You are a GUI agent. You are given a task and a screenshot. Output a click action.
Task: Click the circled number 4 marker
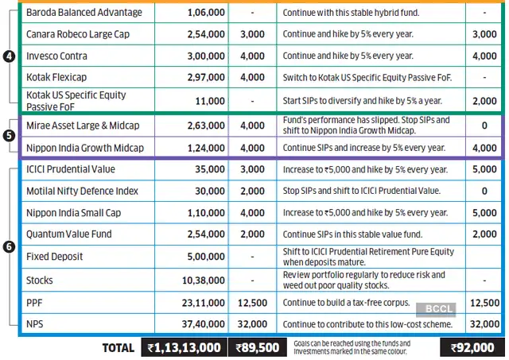[x=9, y=58]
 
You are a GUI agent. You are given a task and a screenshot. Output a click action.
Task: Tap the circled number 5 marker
[x=9, y=136]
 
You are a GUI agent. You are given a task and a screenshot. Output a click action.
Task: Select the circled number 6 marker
[x=9, y=246]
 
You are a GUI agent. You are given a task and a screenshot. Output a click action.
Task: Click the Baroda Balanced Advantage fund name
[x=84, y=13]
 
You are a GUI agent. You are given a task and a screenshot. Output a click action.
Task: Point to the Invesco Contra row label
[x=56, y=56]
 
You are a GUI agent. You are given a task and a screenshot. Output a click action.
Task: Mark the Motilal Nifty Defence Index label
[x=83, y=192]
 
